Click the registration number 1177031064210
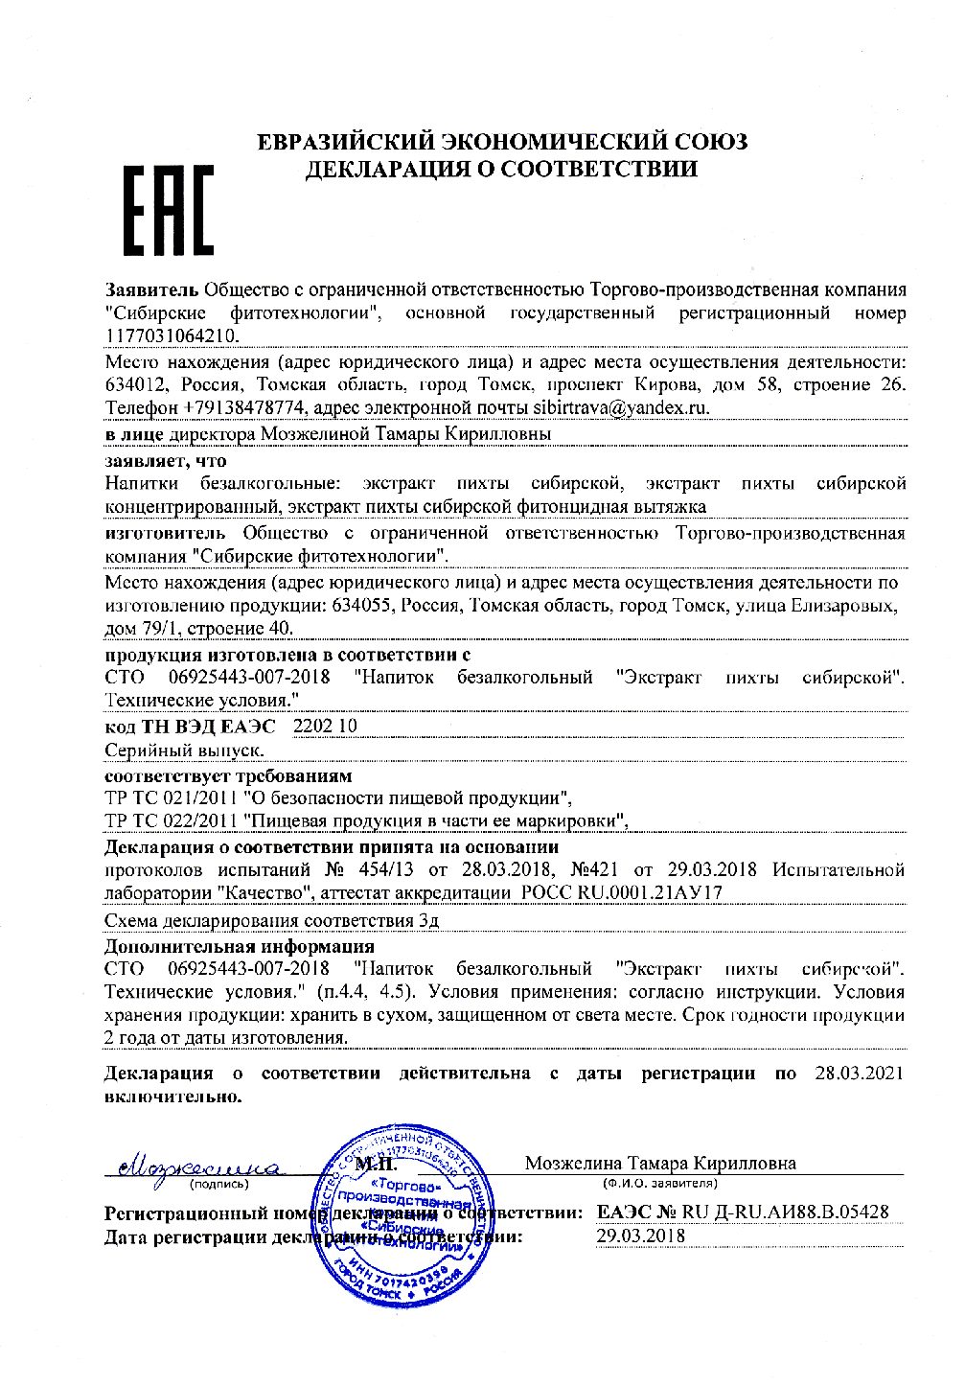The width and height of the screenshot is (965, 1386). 172,335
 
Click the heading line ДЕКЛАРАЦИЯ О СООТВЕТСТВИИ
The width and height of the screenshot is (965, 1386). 501,170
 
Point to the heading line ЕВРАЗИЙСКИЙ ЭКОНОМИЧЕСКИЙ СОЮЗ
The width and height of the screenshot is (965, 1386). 503,143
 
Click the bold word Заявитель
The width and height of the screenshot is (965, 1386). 151,289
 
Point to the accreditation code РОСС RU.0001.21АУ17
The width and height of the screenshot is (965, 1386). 620,893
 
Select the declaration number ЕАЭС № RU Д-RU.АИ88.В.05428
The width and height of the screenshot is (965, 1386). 742,1213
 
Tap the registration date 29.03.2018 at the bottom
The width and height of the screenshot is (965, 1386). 640,1236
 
